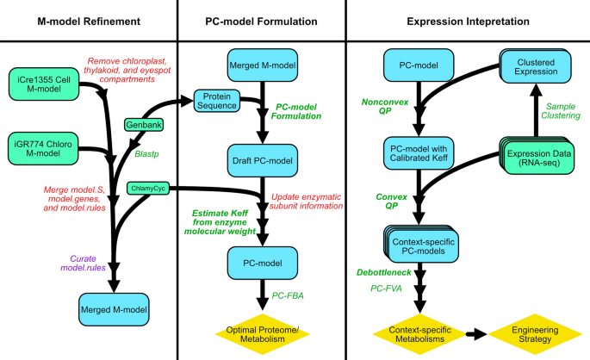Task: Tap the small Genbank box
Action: point(145,127)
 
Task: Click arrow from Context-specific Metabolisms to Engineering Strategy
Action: point(476,331)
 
